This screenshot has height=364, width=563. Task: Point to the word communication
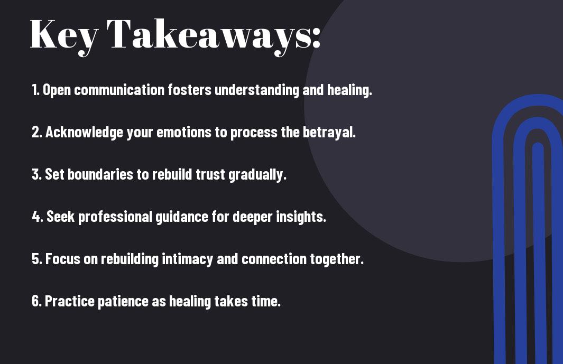tap(119, 90)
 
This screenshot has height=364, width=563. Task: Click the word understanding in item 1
tap(256, 90)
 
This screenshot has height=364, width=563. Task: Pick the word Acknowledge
tap(85, 132)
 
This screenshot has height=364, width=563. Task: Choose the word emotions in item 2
tap(184, 133)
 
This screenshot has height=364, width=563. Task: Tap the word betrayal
tap(329, 133)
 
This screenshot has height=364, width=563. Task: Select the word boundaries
tap(100, 174)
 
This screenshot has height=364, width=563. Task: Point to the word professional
tap(115, 217)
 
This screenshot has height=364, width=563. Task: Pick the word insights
tap(301, 217)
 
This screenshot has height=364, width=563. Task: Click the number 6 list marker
tap(36, 301)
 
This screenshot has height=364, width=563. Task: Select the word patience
tap(123, 301)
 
